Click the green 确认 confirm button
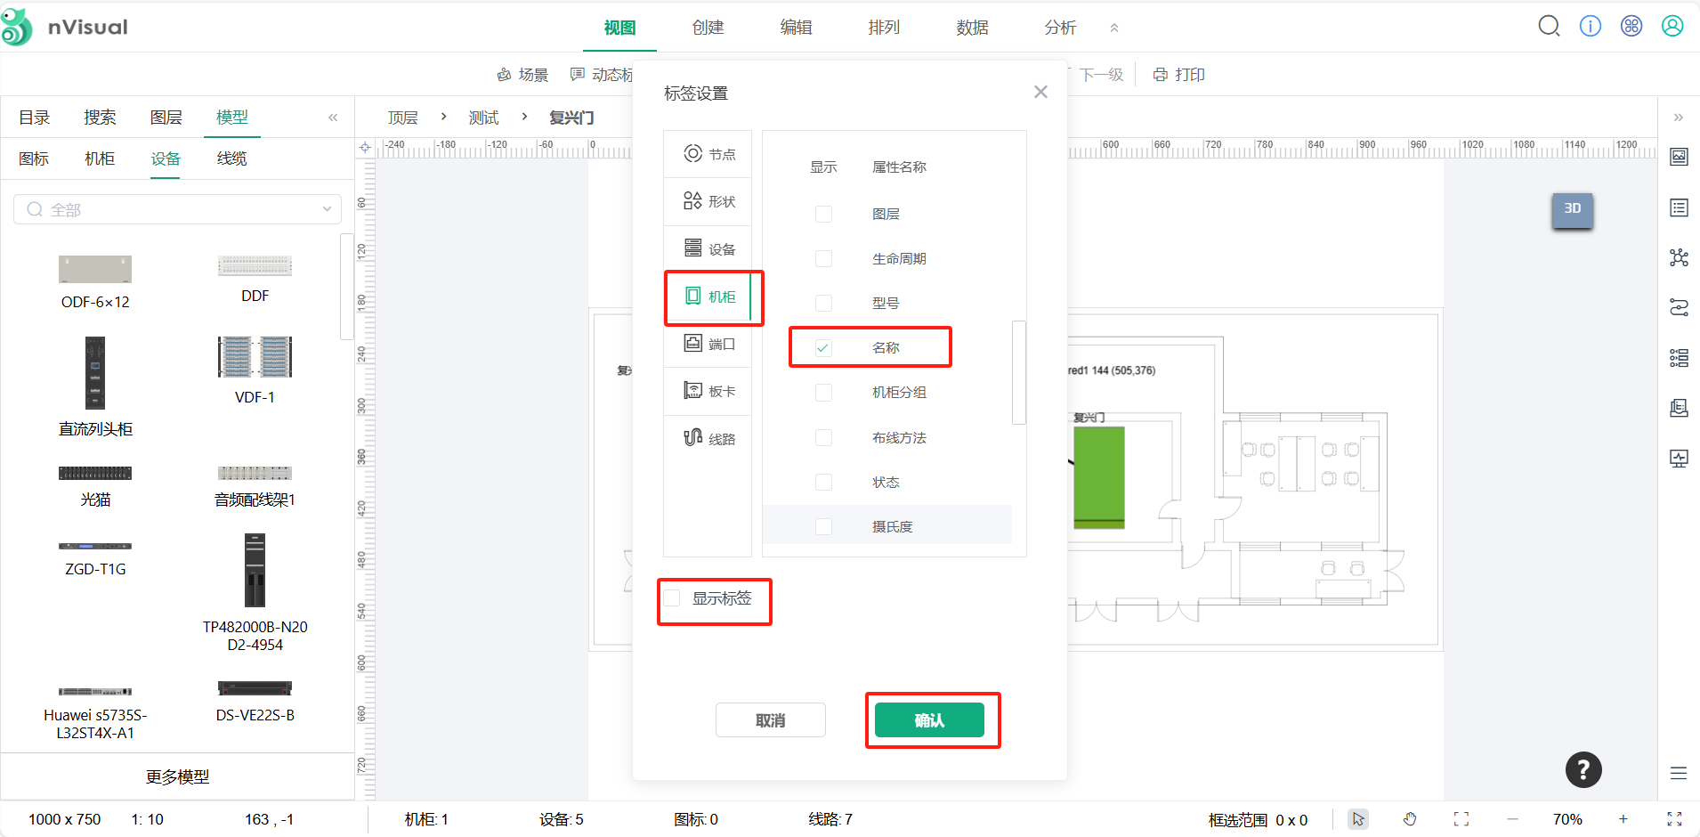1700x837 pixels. point(929,720)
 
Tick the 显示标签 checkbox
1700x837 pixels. point(673,598)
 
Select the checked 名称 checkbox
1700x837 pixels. point(824,348)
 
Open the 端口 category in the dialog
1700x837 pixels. point(709,344)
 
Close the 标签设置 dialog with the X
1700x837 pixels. point(1040,93)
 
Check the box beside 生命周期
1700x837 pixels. point(824,259)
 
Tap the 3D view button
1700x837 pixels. point(1572,209)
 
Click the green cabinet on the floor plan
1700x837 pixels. point(1098,476)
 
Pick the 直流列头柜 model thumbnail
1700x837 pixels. point(95,373)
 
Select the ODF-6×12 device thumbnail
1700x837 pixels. point(95,269)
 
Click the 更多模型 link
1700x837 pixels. point(178,776)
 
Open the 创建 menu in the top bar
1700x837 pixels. point(708,28)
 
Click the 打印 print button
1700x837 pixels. point(1179,75)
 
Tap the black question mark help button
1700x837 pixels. point(1583,770)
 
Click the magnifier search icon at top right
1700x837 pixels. point(1549,27)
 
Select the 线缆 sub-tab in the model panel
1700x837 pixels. point(231,158)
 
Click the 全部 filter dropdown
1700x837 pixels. point(178,209)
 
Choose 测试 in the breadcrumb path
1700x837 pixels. point(483,118)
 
